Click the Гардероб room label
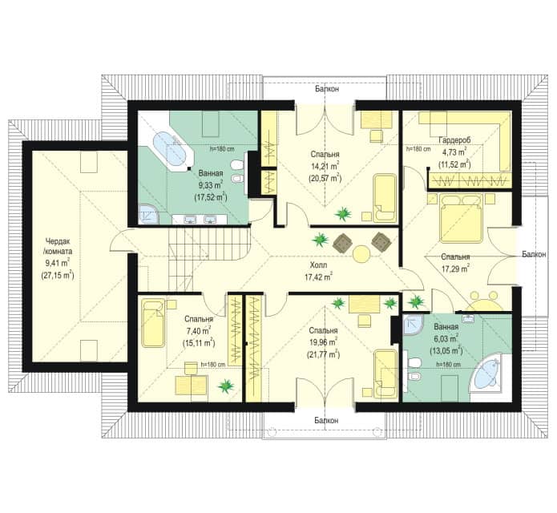(x=454, y=140)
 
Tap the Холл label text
(x=318, y=265)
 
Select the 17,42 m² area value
(x=318, y=277)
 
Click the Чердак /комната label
(x=58, y=246)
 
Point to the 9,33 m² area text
(x=211, y=184)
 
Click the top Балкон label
(x=326, y=89)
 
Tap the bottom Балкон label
(x=326, y=420)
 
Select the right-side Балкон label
(x=534, y=254)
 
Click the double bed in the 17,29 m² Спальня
(x=461, y=218)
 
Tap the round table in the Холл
(x=361, y=254)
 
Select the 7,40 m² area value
(x=198, y=331)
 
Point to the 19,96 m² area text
(x=323, y=342)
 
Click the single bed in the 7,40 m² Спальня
(x=153, y=323)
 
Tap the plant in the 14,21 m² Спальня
(x=343, y=214)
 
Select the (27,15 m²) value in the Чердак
(x=58, y=275)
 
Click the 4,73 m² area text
(x=454, y=152)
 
